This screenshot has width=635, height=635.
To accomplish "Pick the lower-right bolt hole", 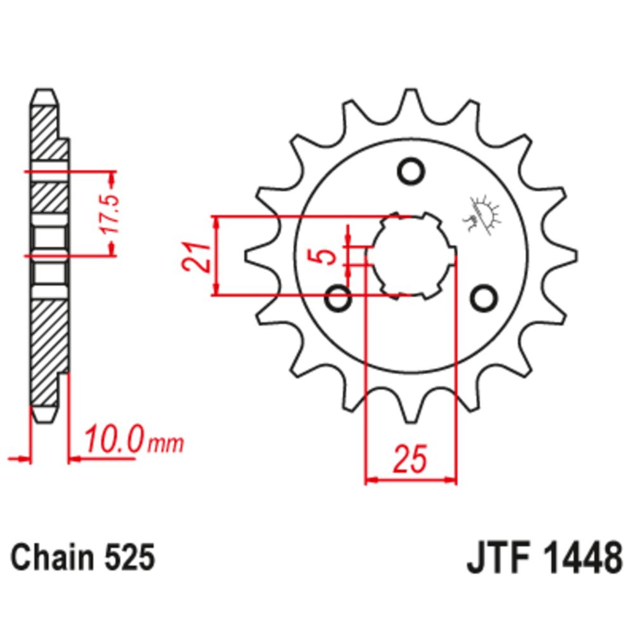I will (485, 297).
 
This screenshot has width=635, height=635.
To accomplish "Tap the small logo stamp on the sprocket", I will (483, 214).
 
